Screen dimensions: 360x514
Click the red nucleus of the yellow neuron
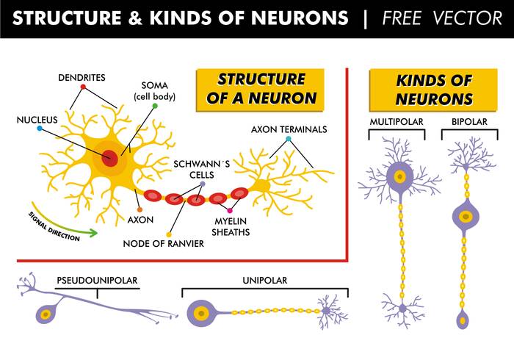tap(110, 158)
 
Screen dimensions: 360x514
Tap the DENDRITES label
tap(82, 76)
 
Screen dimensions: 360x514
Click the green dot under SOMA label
tap(155, 106)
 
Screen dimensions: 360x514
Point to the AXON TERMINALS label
tap(289, 129)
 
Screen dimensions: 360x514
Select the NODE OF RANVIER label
tap(164, 244)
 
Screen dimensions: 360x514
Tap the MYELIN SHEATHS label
tap(232, 226)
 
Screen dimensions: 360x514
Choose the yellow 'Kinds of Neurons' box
tap(433, 90)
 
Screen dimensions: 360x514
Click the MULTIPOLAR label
tap(397, 121)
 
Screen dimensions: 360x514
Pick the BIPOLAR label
tap(467, 121)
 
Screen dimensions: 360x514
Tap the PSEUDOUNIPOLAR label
tap(97, 280)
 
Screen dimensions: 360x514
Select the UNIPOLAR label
tap(264, 280)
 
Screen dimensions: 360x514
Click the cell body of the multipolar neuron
tap(399, 176)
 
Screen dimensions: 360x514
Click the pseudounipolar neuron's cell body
tap(46, 314)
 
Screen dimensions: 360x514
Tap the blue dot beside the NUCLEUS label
tap(39, 129)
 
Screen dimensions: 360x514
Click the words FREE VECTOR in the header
tap(441, 18)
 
